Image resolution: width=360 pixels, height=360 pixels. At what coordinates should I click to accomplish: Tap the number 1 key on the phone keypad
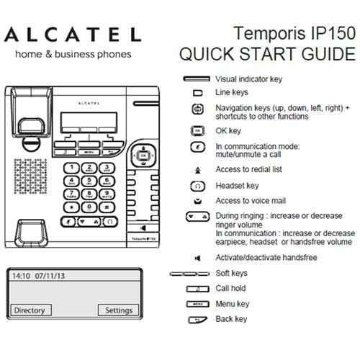tap(72, 168)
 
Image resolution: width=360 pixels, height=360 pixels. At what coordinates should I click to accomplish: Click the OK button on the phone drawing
tap(143, 155)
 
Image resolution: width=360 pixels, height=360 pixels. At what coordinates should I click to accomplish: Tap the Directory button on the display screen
tap(30, 310)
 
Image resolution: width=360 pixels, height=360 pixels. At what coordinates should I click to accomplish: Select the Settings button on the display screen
tap(118, 310)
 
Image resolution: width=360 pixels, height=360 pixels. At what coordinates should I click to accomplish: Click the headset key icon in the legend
tap(197, 186)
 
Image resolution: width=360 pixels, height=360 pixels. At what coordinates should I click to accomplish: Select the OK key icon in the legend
tap(197, 131)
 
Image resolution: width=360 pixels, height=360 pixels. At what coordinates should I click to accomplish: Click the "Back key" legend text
tap(231, 319)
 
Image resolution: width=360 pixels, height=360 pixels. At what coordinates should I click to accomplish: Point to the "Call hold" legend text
tap(232, 289)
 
